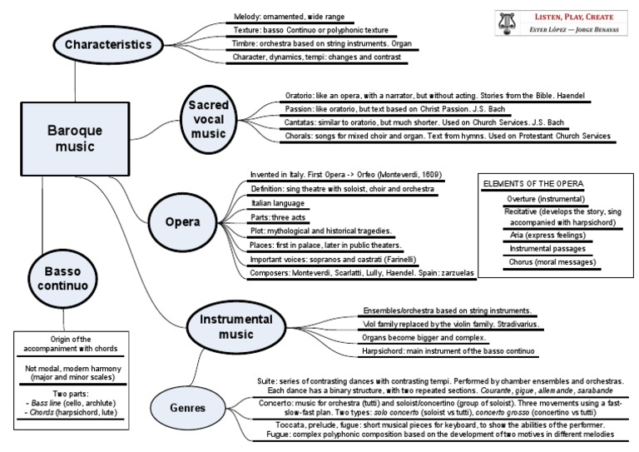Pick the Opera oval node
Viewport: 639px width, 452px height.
tap(181, 222)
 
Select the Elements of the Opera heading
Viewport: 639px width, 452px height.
tap(533, 183)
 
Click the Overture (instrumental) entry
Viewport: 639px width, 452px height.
tap(545, 199)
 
